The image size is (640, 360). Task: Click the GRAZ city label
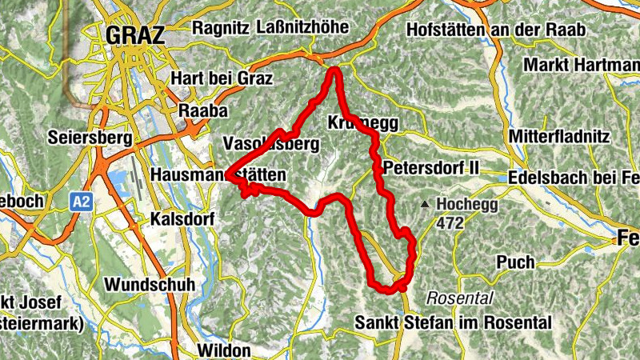pos(134,35)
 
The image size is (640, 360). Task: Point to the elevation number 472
pos(450,224)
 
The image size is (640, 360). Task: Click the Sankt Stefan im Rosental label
pos(454,323)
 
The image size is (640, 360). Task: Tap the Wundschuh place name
pos(146,286)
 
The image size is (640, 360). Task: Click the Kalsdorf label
pos(181,218)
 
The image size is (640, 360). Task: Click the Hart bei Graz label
pos(222,78)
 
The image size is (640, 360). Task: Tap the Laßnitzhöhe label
pos(303,28)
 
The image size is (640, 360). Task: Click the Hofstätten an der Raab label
pos(496,30)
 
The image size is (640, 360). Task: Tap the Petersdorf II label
pos(430,169)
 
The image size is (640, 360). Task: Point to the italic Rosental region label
pos(460,298)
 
